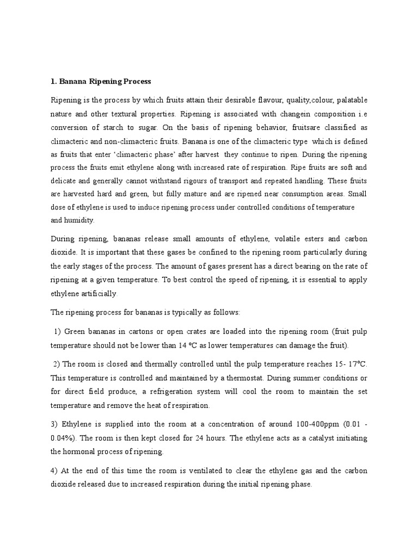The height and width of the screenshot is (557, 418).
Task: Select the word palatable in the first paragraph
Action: tap(348, 100)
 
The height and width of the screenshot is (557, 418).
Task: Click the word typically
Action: tap(188, 313)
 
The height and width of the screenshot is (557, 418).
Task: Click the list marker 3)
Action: tap(54, 424)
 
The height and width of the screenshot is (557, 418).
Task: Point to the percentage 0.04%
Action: tap(64, 438)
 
